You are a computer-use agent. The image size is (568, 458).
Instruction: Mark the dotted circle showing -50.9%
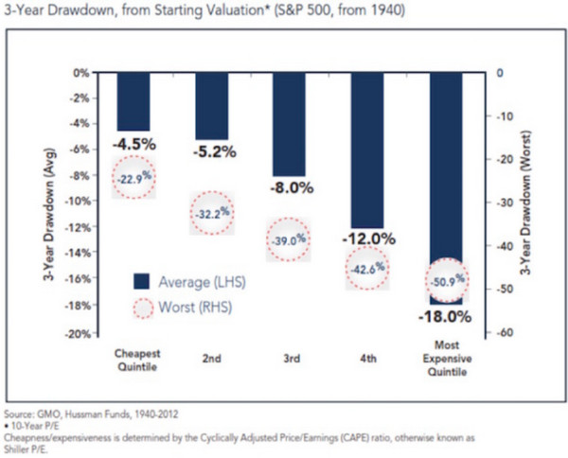tap(448, 280)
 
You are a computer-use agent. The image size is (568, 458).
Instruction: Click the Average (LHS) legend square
tap(140, 280)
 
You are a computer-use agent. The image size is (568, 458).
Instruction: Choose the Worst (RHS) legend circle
tap(140, 307)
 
